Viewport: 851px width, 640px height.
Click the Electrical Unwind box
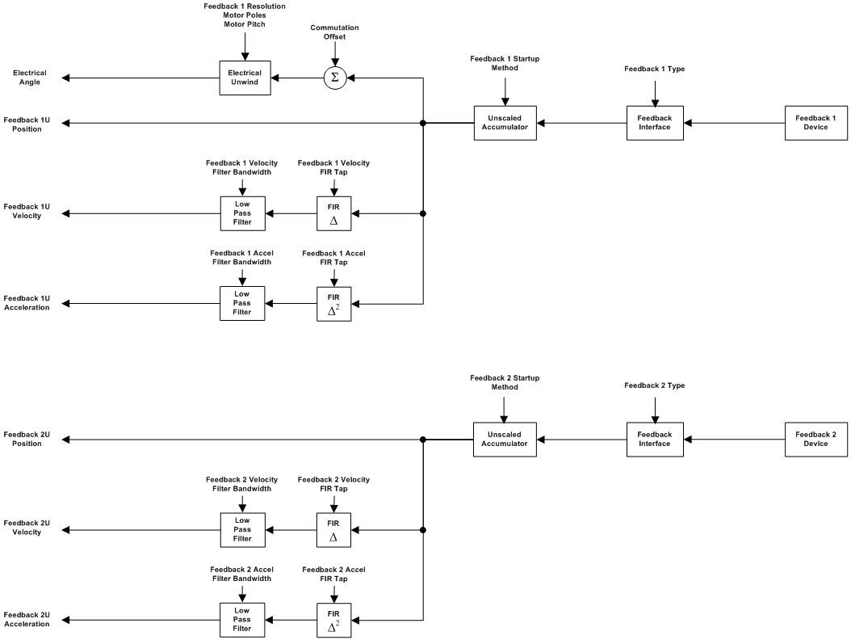pos(245,78)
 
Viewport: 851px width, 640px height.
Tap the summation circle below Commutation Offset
pos(334,78)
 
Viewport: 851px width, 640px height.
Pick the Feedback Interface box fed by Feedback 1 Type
pos(654,123)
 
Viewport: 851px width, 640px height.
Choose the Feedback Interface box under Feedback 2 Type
pos(654,440)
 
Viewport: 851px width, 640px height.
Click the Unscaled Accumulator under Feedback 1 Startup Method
pos(505,123)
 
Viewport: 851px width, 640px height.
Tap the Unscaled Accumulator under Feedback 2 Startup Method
pos(505,440)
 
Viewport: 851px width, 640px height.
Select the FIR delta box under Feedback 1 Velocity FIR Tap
pos(333,213)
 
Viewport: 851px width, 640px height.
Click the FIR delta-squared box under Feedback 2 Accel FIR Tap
pos(333,621)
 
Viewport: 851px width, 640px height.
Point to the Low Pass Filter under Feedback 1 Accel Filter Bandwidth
pos(242,304)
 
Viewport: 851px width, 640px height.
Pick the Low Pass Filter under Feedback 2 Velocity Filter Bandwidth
pos(242,530)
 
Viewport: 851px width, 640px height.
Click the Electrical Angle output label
pos(29,78)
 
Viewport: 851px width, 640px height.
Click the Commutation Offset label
pos(334,32)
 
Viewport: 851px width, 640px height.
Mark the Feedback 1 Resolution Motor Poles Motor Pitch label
pos(244,15)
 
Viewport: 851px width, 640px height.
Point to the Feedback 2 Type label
pos(654,385)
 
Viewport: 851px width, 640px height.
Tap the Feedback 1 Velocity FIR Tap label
pos(333,167)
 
